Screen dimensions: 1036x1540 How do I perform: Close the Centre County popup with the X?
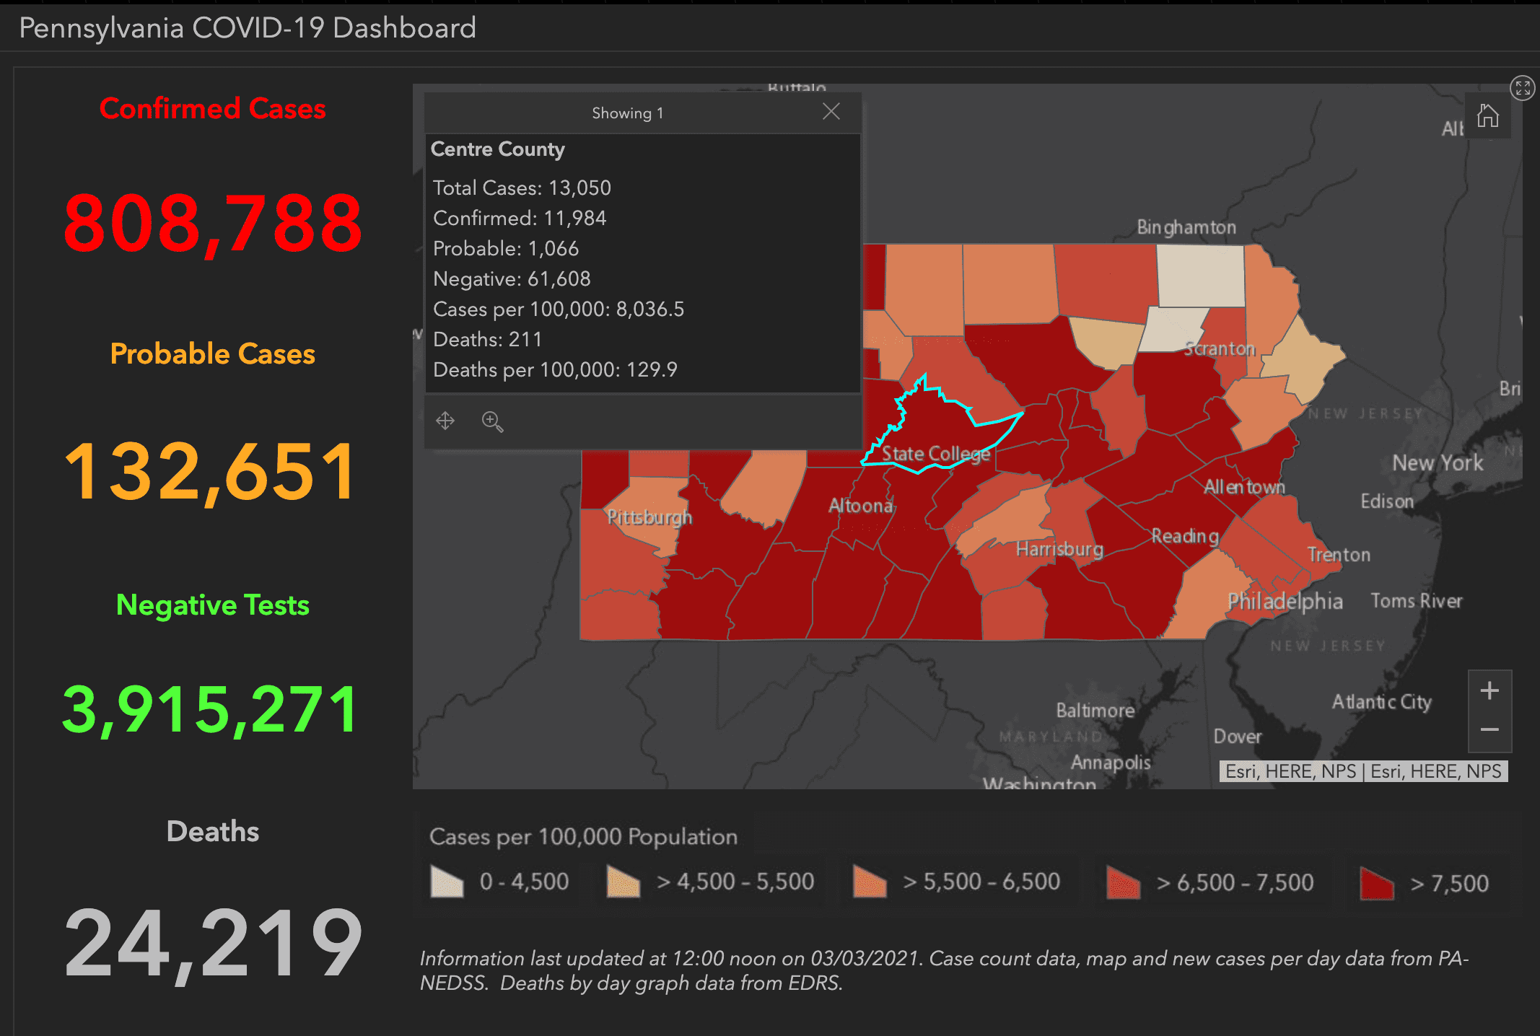[x=831, y=112]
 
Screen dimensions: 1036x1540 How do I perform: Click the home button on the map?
[x=1487, y=115]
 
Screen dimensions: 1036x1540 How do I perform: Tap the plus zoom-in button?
[x=1489, y=691]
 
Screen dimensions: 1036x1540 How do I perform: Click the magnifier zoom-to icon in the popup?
[x=492, y=421]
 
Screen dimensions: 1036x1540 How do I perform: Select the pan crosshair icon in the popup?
[x=445, y=421]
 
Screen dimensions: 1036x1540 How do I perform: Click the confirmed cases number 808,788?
[x=212, y=223]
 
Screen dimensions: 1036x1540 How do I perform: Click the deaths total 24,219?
[x=212, y=942]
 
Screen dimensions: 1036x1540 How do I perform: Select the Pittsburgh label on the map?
[x=649, y=517]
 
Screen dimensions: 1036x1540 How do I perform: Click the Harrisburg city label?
[x=1059, y=550]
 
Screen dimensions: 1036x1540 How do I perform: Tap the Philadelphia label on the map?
[x=1285, y=601]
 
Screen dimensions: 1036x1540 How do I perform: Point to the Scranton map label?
[x=1220, y=348]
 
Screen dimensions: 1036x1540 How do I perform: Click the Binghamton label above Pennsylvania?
[x=1186, y=227]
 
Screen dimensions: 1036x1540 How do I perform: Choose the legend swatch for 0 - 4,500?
[x=447, y=882]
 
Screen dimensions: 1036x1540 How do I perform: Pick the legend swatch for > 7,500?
[x=1376, y=883]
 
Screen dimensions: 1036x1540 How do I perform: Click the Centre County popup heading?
[x=498, y=149]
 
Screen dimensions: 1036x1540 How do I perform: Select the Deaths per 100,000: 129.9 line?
[x=555, y=369]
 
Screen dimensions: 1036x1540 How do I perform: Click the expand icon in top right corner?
[x=1522, y=88]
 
